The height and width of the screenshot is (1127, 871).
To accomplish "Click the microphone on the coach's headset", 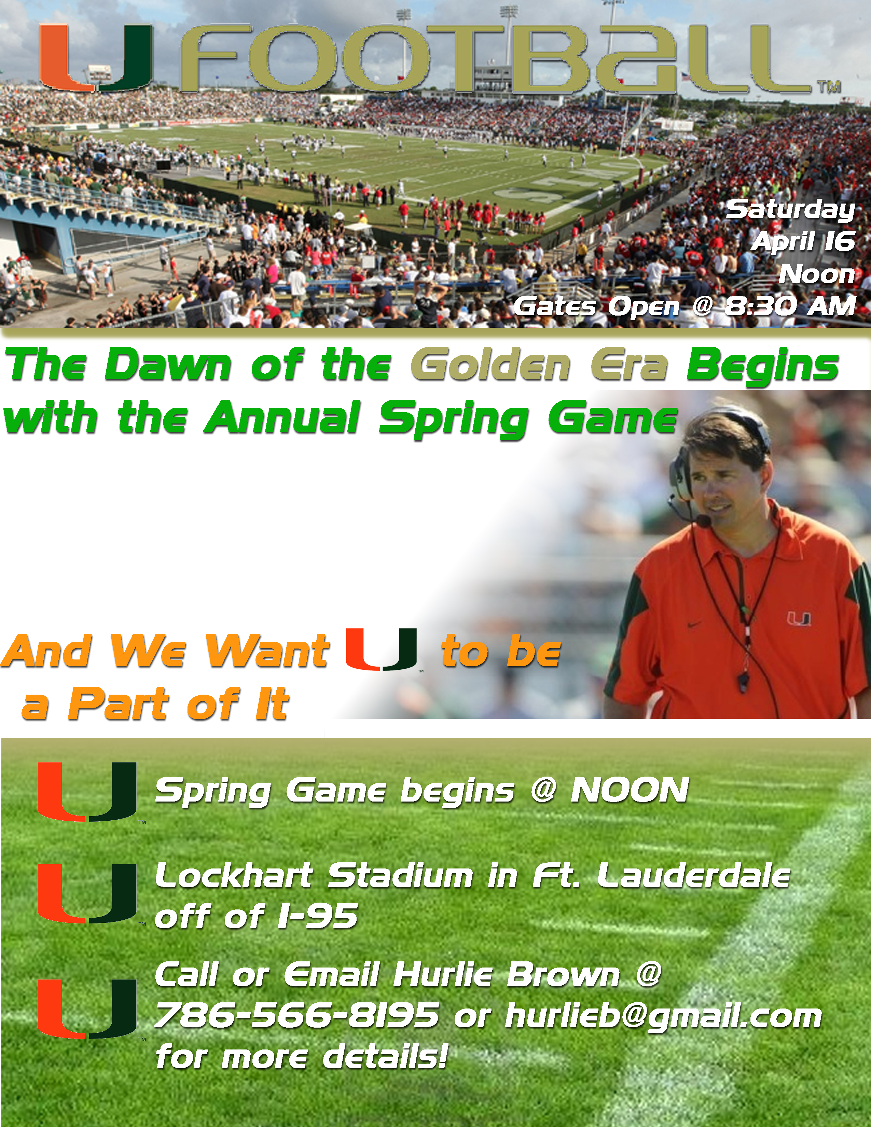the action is [703, 521].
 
